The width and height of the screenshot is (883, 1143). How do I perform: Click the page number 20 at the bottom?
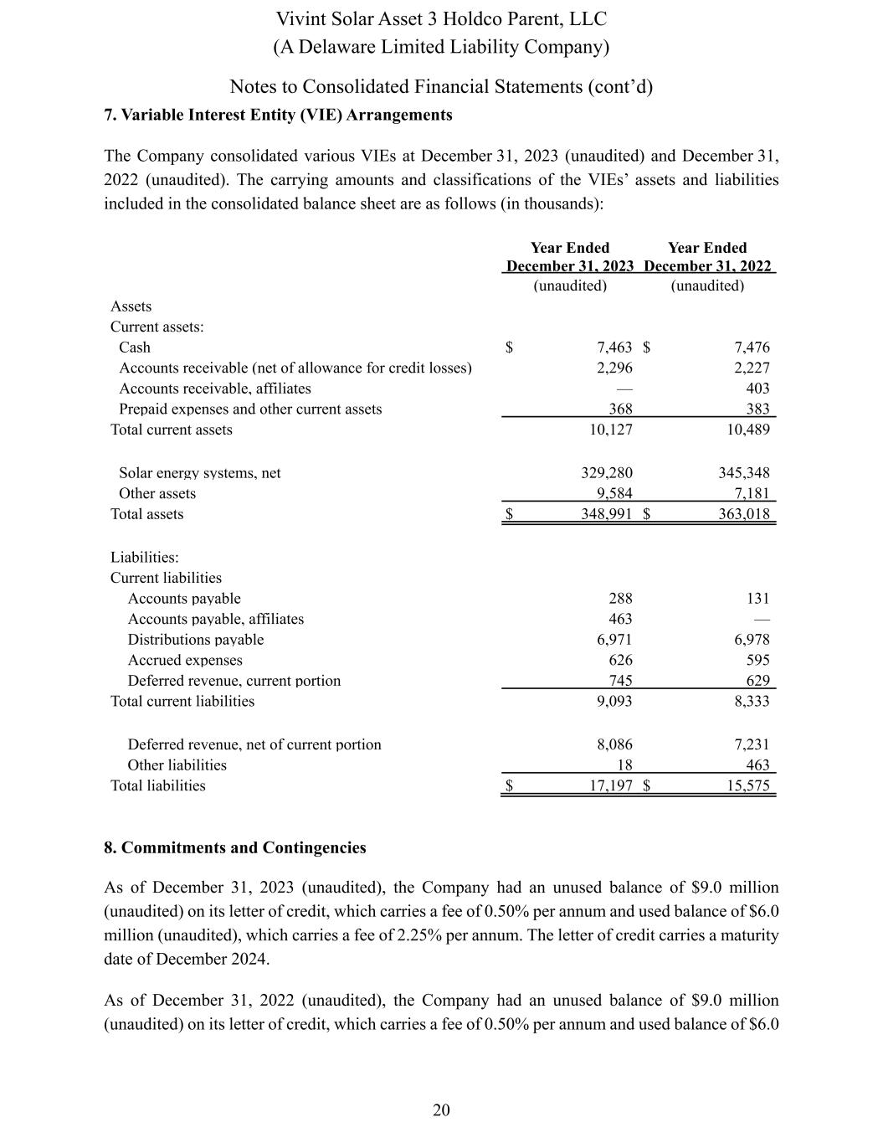point(441,1110)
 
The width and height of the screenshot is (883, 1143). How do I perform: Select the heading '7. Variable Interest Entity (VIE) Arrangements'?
point(278,116)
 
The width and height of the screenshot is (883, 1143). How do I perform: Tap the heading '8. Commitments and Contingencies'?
point(235,847)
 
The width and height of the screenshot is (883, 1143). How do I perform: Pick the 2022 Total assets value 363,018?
point(744,514)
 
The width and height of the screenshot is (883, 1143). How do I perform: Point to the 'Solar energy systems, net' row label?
point(200,473)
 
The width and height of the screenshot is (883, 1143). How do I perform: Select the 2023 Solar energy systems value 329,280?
point(607,473)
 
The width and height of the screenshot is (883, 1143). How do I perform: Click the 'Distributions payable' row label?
point(195,640)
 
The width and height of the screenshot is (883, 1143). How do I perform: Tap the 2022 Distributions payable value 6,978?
point(752,640)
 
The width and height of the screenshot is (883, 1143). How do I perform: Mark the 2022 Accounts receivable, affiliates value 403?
point(757,389)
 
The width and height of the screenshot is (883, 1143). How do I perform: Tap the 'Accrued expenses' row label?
point(185,660)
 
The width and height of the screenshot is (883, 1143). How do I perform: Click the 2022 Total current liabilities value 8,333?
point(752,701)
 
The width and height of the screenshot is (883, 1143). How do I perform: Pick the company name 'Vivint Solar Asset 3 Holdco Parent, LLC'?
point(441,19)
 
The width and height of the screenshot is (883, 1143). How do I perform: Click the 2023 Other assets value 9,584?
point(614,493)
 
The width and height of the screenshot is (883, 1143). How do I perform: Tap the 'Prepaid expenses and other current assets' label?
point(250,409)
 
